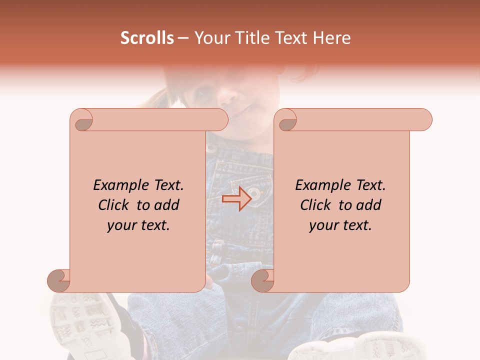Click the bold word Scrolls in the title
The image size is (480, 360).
(147, 38)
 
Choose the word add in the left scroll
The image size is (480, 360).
(167, 205)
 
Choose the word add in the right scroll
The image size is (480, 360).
(369, 205)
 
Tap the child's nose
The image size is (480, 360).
(231, 93)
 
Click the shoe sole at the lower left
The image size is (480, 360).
(80, 320)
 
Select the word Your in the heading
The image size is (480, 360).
(212, 38)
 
